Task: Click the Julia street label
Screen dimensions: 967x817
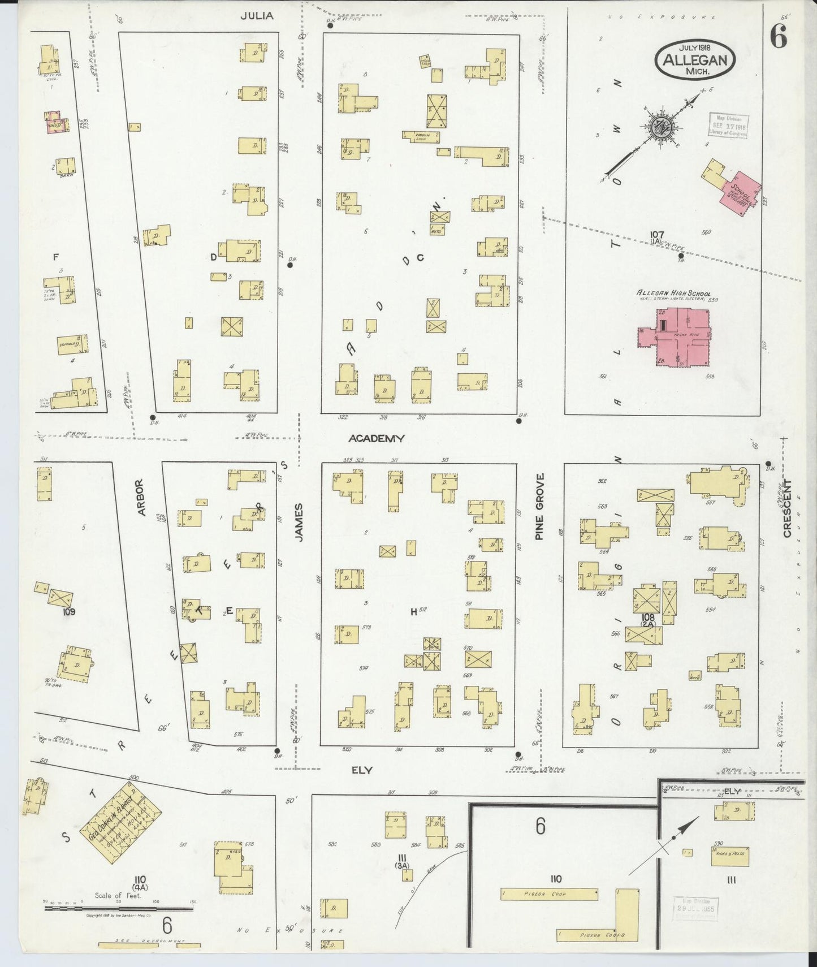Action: point(257,16)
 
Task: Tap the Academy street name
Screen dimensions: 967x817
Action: point(377,438)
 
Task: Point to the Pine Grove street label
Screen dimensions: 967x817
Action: point(539,506)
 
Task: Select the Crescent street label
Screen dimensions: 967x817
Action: point(787,508)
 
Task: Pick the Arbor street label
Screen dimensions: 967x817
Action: point(142,498)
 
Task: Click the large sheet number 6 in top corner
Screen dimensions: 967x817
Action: point(778,38)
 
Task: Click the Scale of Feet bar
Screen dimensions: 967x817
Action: point(119,909)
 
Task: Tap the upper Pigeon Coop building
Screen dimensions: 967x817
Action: point(549,894)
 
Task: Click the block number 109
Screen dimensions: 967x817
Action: point(69,611)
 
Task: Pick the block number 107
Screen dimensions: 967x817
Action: point(656,234)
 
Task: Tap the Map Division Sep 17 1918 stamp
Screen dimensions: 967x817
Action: point(729,126)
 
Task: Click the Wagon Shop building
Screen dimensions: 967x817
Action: point(421,135)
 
